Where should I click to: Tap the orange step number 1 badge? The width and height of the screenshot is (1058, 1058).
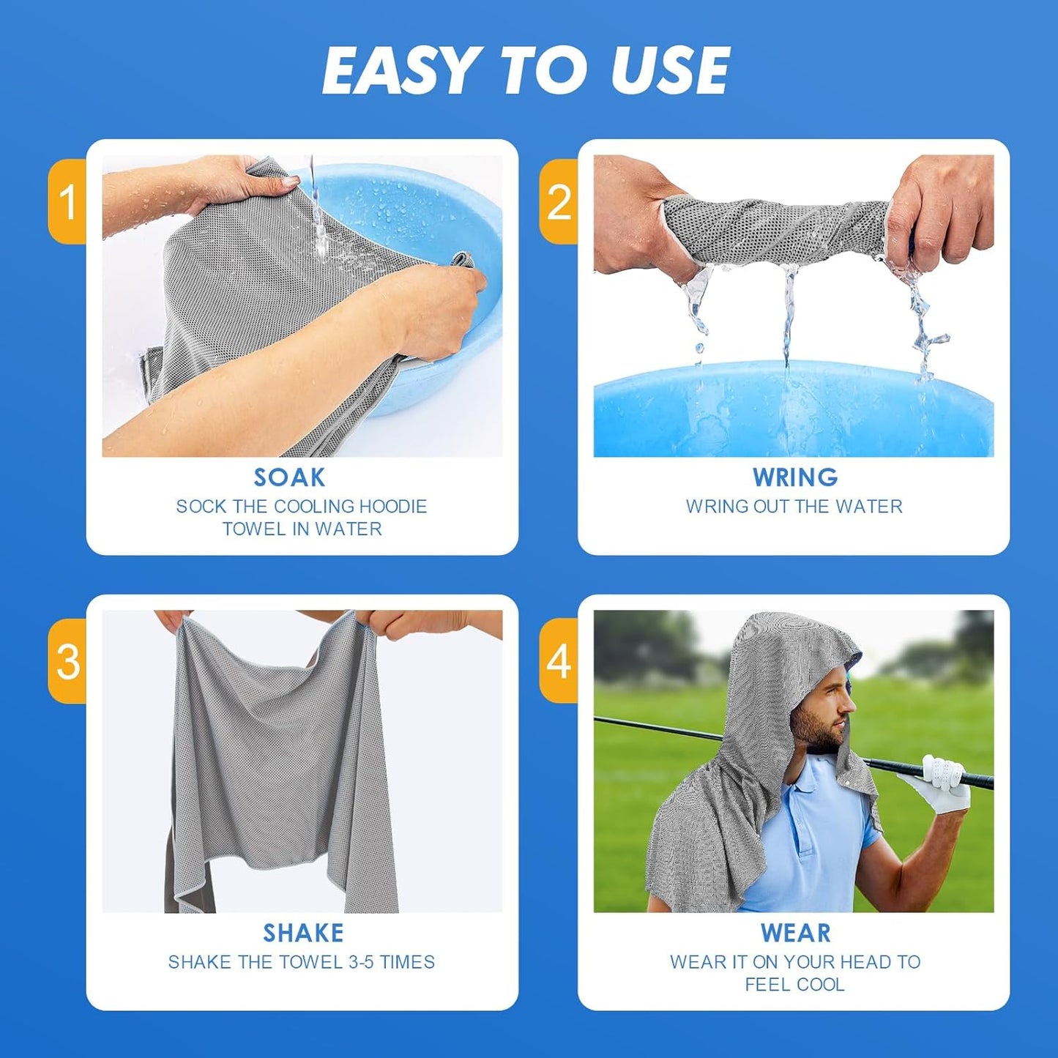(x=68, y=201)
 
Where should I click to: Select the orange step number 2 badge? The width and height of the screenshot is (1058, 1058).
(x=559, y=201)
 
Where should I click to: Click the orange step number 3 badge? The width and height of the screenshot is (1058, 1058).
(x=68, y=661)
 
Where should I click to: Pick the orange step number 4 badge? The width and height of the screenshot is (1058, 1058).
(x=559, y=661)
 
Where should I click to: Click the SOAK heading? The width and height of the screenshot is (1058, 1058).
(x=289, y=477)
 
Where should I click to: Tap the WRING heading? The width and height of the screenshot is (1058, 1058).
(x=795, y=477)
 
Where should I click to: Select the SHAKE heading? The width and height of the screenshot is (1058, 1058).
(x=303, y=933)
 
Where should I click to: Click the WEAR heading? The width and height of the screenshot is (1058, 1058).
(x=795, y=933)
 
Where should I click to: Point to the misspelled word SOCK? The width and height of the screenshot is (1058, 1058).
(x=201, y=507)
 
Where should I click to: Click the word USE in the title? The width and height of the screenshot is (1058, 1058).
(x=669, y=70)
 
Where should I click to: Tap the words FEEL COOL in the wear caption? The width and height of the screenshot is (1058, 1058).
(x=794, y=985)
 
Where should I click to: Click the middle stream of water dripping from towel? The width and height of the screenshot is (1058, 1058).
(x=789, y=315)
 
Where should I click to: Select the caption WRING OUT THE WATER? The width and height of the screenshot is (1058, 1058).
(x=794, y=507)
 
